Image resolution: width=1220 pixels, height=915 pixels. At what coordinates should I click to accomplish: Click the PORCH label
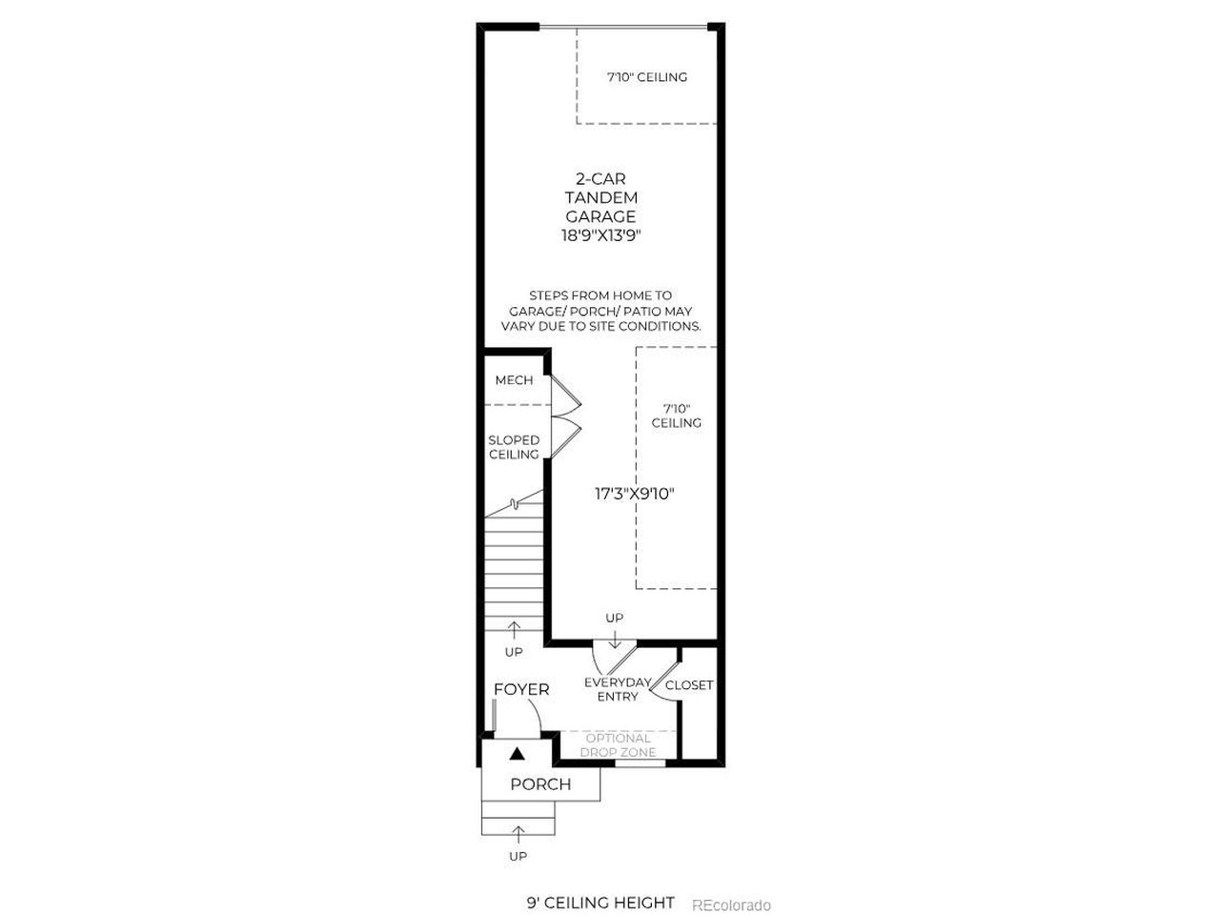pos(540,783)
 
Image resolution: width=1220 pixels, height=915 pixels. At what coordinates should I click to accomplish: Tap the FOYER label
pos(520,689)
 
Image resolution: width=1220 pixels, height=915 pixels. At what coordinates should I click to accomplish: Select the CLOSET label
pos(689,685)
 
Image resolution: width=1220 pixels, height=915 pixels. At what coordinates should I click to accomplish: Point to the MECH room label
pos(514,380)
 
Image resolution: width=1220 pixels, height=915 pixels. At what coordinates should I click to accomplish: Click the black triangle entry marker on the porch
pos(517,753)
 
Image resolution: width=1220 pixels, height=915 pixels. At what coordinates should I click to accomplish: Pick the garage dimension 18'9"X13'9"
pos(600,235)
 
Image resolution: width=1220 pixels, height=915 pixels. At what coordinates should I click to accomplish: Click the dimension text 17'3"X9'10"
pos(634,494)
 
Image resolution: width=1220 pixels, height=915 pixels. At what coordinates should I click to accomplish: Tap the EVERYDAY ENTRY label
pos(618,689)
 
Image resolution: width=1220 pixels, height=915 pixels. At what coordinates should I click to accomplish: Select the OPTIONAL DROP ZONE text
pos(618,745)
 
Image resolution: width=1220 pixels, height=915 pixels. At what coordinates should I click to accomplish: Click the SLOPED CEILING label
pos(514,447)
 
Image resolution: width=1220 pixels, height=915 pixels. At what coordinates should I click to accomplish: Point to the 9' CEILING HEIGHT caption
pos(600,887)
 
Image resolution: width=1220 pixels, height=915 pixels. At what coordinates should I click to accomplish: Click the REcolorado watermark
pos(731,889)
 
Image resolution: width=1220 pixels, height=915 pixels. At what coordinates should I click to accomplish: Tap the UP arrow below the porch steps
pos(518,836)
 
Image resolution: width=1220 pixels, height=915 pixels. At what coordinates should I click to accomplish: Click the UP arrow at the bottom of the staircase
pos(514,630)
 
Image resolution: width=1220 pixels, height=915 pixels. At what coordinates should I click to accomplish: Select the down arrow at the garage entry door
pos(614,640)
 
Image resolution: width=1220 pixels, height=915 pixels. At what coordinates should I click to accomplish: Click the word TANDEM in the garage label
pos(600,198)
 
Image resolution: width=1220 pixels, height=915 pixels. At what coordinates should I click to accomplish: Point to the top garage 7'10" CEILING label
pos(647,77)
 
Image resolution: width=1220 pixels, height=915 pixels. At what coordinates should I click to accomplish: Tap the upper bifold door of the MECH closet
pos(565,396)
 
